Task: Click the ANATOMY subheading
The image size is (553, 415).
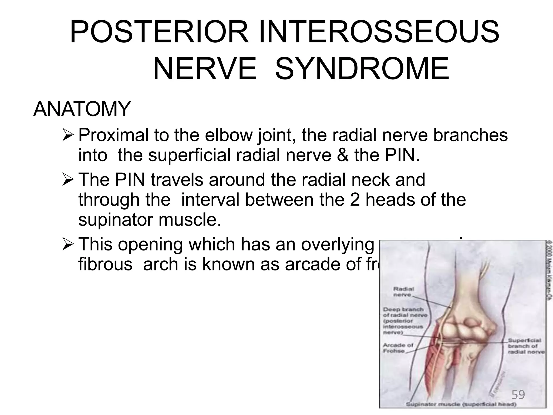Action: (82, 109)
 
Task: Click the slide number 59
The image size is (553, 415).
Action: (518, 395)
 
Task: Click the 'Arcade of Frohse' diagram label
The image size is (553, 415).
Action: (398, 348)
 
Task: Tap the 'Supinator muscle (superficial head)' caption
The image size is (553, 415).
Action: (461, 404)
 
